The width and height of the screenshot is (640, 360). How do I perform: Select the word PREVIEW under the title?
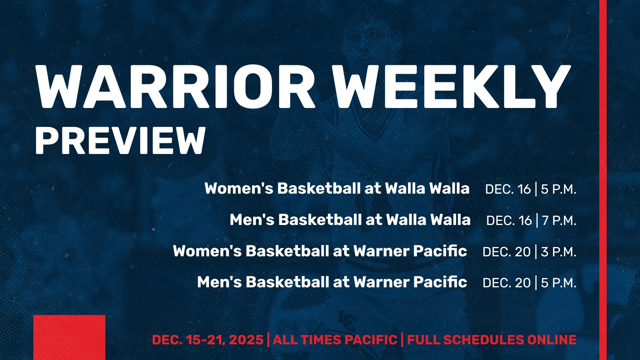pos(120,141)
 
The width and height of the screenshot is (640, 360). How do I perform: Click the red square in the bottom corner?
pos(69,337)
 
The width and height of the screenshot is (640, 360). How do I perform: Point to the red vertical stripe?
pos(603,180)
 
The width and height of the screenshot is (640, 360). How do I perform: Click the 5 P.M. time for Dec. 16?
pos(558,189)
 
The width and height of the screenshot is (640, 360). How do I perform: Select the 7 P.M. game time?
pos(559,221)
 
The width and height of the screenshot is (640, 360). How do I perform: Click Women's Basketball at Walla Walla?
pos(337,188)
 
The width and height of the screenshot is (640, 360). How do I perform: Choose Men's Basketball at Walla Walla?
pos(350,220)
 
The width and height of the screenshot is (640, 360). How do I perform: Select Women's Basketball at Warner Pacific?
pos(320,251)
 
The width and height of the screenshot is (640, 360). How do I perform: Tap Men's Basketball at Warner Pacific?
pos(332,282)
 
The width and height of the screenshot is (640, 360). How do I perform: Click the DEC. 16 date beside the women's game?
pos(508,189)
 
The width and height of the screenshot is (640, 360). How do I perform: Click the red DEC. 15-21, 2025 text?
pos(208,340)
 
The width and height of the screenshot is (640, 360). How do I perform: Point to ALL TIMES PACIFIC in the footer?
pos(335,340)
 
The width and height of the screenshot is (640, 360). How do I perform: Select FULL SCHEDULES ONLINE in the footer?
pos(492,340)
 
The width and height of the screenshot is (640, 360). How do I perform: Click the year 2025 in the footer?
pos(246,340)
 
